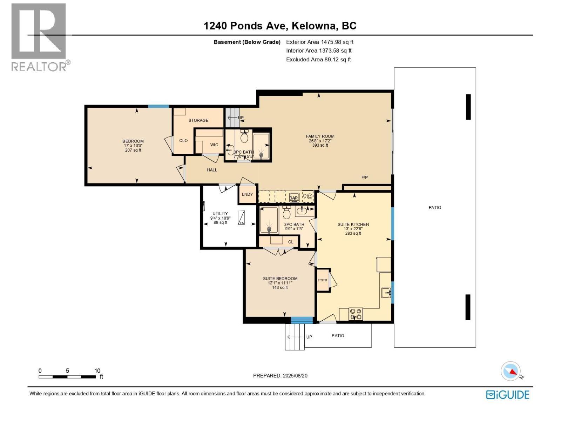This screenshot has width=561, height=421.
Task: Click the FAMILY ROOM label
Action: (x=320, y=136)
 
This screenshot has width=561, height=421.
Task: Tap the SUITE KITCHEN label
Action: (x=353, y=224)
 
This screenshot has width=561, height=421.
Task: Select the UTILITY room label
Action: (x=220, y=213)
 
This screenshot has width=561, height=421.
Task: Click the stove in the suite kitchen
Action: (x=356, y=313)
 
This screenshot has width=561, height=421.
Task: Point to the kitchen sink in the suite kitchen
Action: (x=386, y=292)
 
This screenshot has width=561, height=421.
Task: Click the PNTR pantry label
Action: (x=323, y=280)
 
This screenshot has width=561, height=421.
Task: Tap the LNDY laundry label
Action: (x=247, y=194)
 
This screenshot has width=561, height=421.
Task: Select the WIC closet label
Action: (x=214, y=145)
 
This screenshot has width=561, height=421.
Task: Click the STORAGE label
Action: (x=198, y=120)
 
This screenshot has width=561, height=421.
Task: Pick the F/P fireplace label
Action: (x=364, y=178)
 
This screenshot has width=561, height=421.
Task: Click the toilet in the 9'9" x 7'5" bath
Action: (x=286, y=213)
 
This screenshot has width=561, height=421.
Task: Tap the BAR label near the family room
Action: (x=294, y=198)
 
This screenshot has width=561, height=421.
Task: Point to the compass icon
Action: (x=511, y=371)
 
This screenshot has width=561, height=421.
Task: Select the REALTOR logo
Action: (x=39, y=37)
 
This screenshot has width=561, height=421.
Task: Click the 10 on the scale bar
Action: (x=97, y=370)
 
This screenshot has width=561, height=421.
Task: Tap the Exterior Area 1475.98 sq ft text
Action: (x=319, y=42)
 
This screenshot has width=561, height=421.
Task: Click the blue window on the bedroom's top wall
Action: (x=158, y=106)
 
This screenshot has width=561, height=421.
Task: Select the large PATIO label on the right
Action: (x=434, y=207)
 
